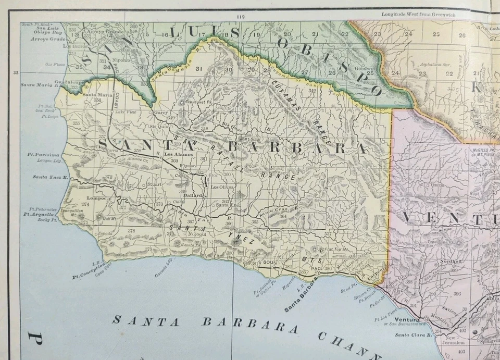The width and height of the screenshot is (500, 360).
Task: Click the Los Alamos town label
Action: pyautogui.click(x=178, y=155)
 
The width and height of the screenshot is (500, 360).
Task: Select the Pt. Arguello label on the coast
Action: pyautogui.click(x=38, y=214)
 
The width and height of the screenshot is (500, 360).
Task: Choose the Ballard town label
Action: pyautogui.click(x=192, y=196)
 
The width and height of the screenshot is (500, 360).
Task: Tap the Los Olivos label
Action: pyautogui.click(x=221, y=187)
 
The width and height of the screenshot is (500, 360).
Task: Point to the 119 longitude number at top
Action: pyautogui.click(x=240, y=17)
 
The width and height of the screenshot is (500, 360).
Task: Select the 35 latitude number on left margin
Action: pyautogui.click(x=15, y=73)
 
